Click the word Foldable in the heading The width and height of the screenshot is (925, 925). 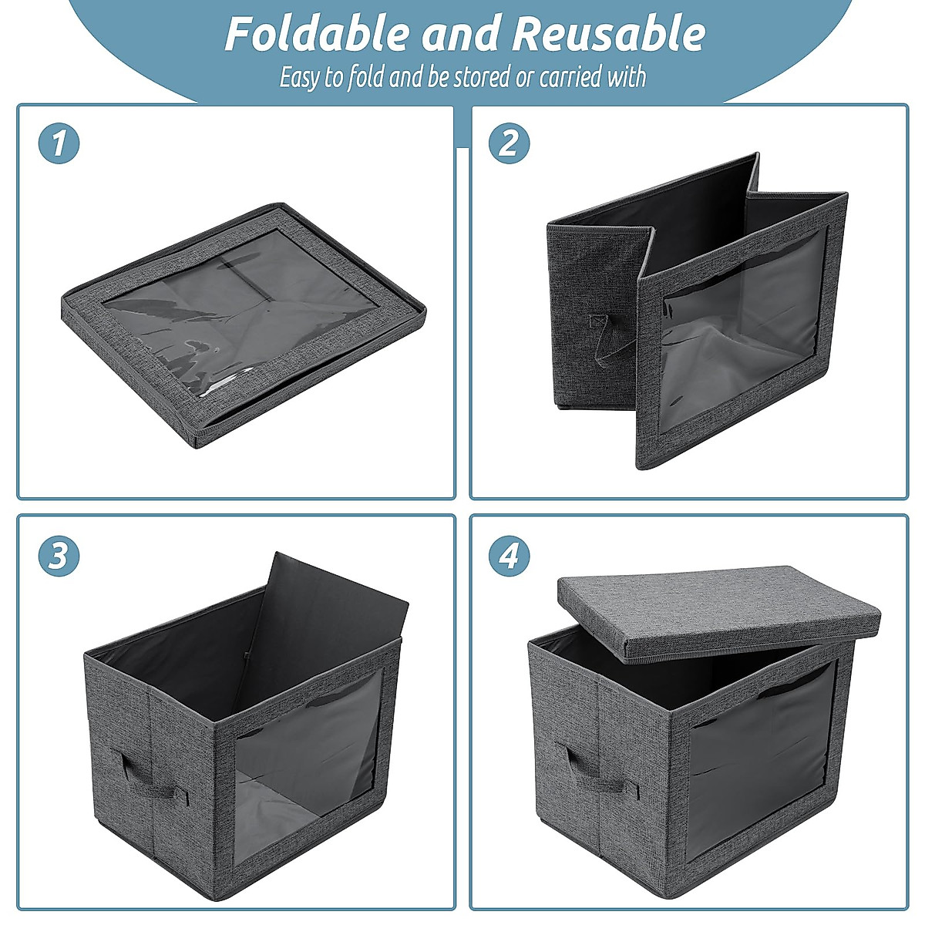coord(318,34)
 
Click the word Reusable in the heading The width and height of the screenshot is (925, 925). coord(609,34)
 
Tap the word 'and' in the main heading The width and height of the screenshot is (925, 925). coord(460,34)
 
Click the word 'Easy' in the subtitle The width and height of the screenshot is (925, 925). coord(298,78)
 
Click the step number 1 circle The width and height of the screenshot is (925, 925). coord(59,143)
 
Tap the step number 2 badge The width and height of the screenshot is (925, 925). coord(510,143)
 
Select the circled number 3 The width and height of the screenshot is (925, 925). coord(59,556)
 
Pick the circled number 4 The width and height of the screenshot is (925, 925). coord(510,556)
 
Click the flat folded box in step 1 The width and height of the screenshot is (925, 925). coord(243,324)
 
